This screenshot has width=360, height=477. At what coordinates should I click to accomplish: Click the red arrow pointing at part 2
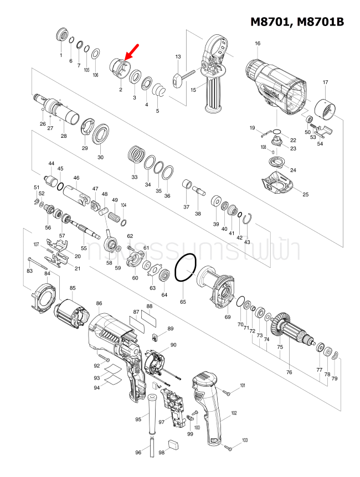coord(132,53)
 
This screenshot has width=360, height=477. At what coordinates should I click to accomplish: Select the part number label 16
coord(258,44)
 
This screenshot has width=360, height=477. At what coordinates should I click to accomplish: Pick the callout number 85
coord(73,288)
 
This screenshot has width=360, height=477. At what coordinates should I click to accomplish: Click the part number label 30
coord(100,157)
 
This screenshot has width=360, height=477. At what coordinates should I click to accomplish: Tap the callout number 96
coord(138,453)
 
